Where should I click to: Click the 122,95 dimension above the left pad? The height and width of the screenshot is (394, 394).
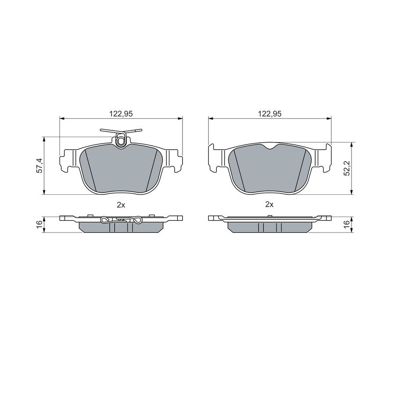tap(121, 114)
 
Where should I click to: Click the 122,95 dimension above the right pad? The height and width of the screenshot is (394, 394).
tap(270, 114)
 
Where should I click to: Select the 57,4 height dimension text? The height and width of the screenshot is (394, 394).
tap(40, 165)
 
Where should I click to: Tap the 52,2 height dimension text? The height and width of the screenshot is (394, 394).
tap(348, 168)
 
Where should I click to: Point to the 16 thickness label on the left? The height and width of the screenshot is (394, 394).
tap(40, 223)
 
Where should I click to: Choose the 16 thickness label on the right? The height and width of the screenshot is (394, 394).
tap(347, 223)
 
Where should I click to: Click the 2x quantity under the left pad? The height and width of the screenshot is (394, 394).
tap(121, 205)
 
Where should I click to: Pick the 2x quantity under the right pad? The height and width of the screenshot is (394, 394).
tap(269, 204)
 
